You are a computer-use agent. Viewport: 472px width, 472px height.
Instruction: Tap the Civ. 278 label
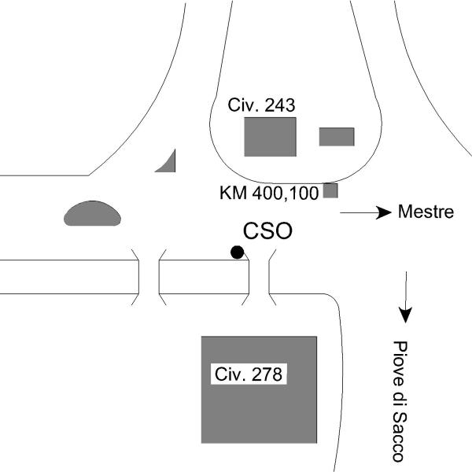[x=248, y=374]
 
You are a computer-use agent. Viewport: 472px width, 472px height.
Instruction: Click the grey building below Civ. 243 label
[x=270, y=136]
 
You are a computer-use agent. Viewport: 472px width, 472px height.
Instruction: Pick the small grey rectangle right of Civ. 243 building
[x=337, y=137]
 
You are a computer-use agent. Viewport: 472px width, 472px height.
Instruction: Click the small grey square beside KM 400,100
[x=330, y=190]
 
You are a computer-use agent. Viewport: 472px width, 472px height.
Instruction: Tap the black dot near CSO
[x=237, y=252]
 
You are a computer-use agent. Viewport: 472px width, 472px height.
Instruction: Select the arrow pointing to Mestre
[x=365, y=212]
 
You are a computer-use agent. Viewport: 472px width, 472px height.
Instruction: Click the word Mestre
[x=426, y=212]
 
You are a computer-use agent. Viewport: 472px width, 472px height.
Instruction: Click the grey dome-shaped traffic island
[x=92, y=214]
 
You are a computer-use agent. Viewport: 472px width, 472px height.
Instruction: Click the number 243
[x=275, y=105]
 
